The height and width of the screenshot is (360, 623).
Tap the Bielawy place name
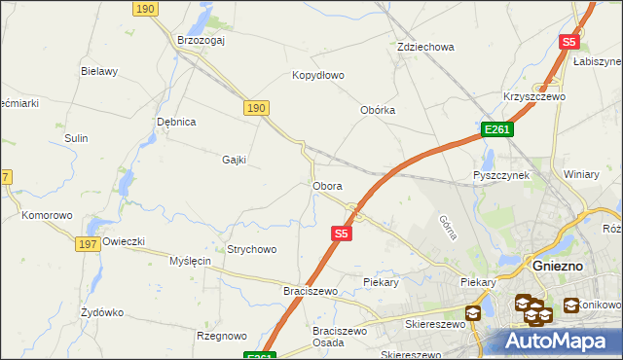pyautogui.click(x=99, y=71)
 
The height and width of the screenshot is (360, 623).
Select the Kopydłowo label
pyautogui.click(x=319, y=75)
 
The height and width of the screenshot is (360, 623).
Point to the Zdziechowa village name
pyautogui.click(x=426, y=47)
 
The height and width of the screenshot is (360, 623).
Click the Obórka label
pyautogui.click(x=378, y=110)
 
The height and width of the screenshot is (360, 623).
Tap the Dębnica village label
pyautogui.click(x=177, y=122)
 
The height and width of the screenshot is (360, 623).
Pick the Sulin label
pyautogui.click(x=77, y=138)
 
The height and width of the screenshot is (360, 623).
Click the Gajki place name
pyautogui.click(x=235, y=160)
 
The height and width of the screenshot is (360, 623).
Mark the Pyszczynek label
pyautogui.click(x=501, y=175)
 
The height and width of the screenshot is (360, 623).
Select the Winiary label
pyautogui.click(x=581, y=174)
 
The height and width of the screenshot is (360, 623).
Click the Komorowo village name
pyautogui.click(x=48, y=215)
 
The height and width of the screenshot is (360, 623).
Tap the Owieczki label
pyautogui.click(x=124, y=241)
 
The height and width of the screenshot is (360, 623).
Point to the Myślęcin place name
pyautogui.click(x=191, y=261)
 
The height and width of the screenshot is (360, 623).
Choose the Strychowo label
pyautogui.click(x=252, y=249)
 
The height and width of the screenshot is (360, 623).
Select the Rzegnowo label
pyautogui.click(x=222, y=336)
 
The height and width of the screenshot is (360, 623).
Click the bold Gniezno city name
pyautogui.click(x=559, y=264)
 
